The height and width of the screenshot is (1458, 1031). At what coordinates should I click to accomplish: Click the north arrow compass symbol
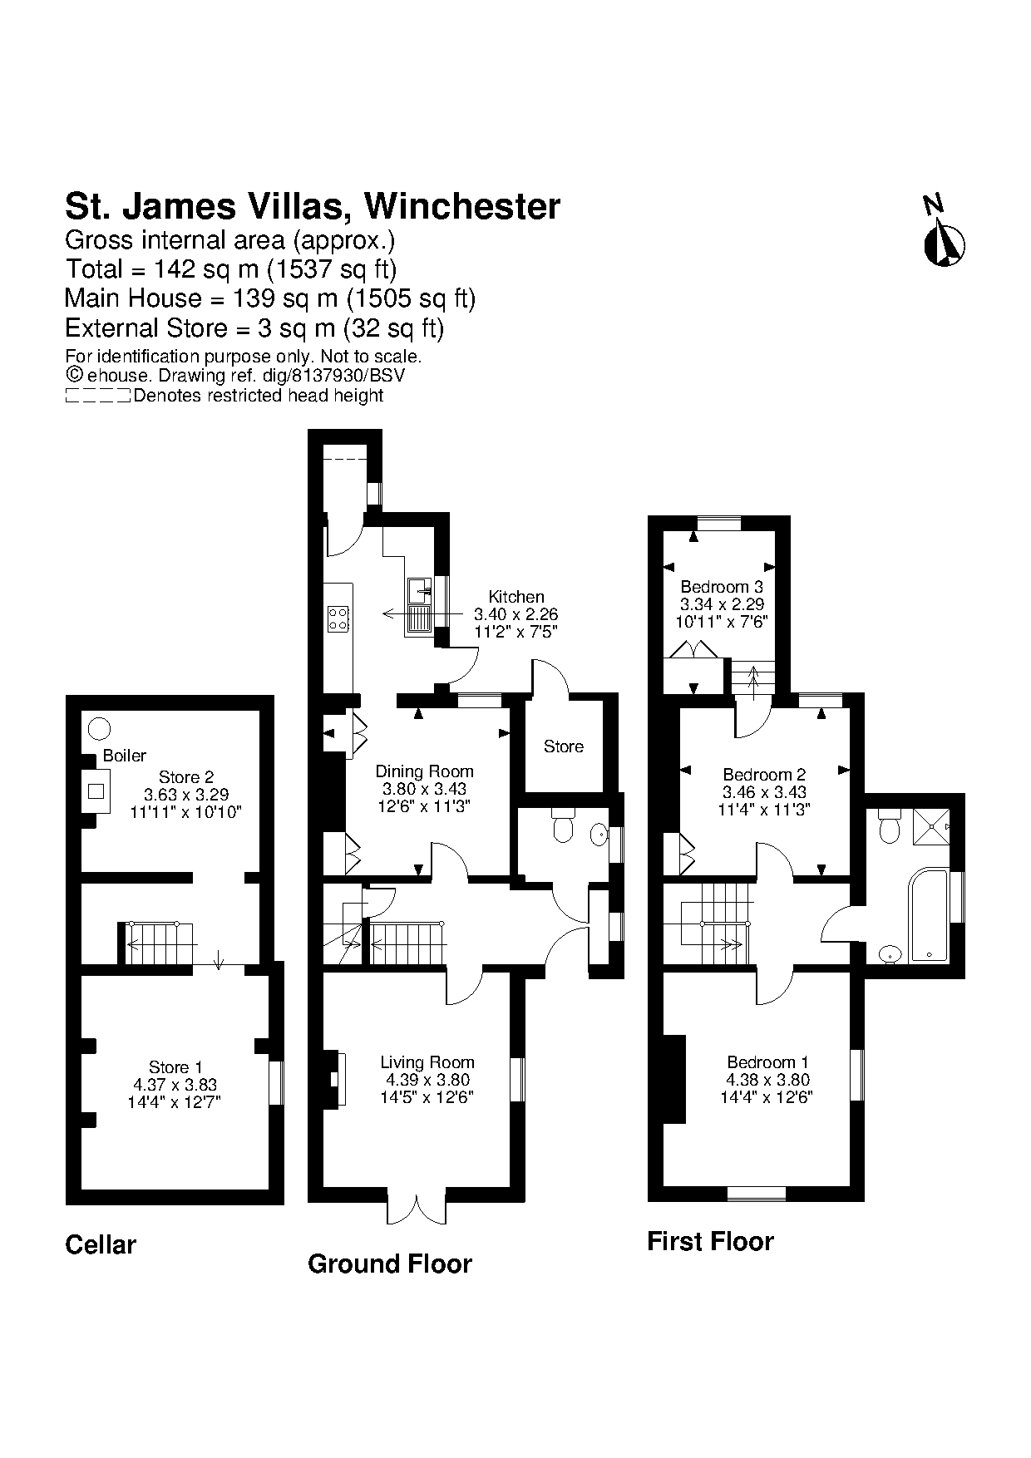(944, 244)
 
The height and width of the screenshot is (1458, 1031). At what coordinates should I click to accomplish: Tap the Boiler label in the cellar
(124, 756)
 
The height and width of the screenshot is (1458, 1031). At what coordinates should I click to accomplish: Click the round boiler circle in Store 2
(99, 729)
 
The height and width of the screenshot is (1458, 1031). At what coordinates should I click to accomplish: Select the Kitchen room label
(515, 597)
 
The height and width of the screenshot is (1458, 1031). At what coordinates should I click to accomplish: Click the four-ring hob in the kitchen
(338, 618)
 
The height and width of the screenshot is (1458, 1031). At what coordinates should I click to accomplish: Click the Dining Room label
(424, 771)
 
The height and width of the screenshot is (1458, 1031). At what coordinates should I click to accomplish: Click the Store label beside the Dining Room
(563, 746)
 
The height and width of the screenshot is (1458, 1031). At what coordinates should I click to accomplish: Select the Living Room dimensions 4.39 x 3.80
(427, 1080)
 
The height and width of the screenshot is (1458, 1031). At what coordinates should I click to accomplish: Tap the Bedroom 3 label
(722, 587)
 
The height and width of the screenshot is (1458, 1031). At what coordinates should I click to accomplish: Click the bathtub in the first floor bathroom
(928, 915)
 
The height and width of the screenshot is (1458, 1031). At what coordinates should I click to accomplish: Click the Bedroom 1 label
(767, 1062)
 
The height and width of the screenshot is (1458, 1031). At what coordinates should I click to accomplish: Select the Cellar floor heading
(101, 1244)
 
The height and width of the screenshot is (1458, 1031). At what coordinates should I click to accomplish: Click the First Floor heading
(710, 1241)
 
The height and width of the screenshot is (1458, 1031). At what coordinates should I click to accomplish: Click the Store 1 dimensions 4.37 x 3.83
(175, 1085)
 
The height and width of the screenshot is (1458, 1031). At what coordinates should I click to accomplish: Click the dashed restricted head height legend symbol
(97, 396)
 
